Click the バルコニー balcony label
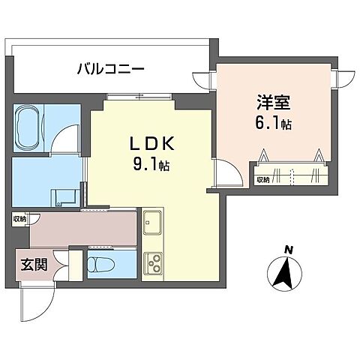click(110, 70)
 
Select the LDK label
click(154, 142)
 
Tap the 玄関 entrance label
click(31, 265)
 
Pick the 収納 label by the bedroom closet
click(262, 180)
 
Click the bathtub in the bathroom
click(30, 121)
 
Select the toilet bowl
click(100, 264)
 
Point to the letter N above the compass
click(288, 250)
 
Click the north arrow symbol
click(285, 274)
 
